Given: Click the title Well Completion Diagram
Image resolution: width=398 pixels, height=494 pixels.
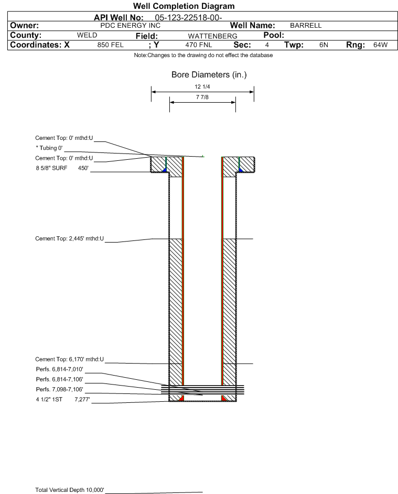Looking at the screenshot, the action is [184, 6].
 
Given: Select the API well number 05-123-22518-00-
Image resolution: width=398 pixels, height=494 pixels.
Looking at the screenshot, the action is [188, 18].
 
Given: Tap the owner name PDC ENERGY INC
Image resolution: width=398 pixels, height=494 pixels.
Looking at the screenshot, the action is [130, 26].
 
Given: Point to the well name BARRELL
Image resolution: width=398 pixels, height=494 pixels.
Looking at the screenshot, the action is [306, 26].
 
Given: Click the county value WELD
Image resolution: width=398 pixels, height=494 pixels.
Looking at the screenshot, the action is [87, 35].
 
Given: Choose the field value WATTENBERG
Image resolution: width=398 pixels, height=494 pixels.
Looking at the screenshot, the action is [212, 36].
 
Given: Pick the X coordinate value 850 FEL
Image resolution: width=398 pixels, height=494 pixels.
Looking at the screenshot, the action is [110, 45].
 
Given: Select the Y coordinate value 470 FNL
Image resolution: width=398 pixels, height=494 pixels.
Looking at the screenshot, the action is [199, 45].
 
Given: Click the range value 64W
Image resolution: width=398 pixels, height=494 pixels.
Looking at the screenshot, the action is [380, 45].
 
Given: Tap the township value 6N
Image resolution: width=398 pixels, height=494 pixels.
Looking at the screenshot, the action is [324, 45].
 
